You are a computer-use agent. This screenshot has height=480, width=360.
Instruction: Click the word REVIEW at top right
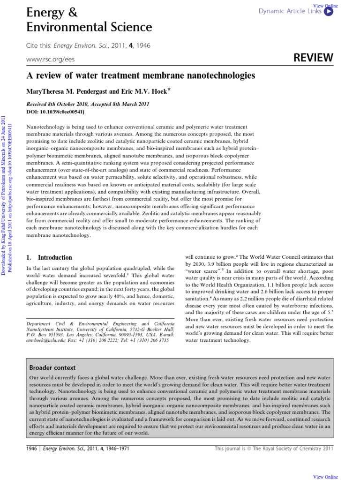click(x=313, y=58)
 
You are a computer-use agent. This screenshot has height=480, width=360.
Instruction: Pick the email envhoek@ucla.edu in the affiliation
click(x=45, y=341)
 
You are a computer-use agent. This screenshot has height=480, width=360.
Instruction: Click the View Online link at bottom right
click(x=325, y=476)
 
